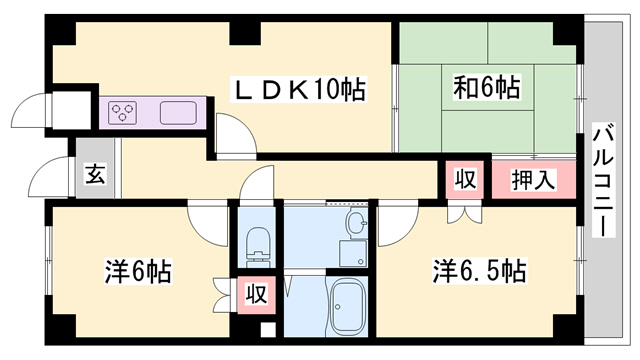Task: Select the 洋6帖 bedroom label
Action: [138, 271]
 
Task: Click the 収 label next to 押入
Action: [466, 181]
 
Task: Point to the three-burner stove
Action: [125, 111]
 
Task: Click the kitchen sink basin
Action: [176, 111]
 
